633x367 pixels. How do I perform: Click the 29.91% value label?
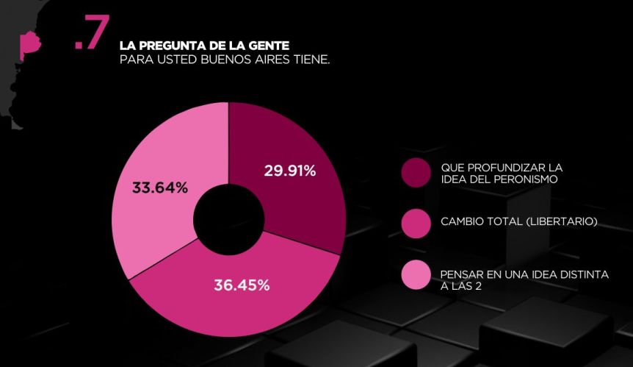click(289, 171)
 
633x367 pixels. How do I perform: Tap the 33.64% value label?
click(159, 188)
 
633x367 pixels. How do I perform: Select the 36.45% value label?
click(242, 285)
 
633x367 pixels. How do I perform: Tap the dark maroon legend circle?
click(416, 173)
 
